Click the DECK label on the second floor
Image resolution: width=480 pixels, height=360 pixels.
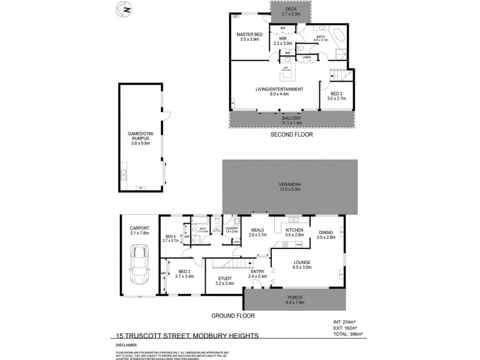pyautogui.click(x=291, y=10)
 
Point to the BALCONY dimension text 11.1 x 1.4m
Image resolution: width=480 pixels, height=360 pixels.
pyautogui.click(x=292, y=123)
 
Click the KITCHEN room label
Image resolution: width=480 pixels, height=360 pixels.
pyautogui.click(x=294, y=230)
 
